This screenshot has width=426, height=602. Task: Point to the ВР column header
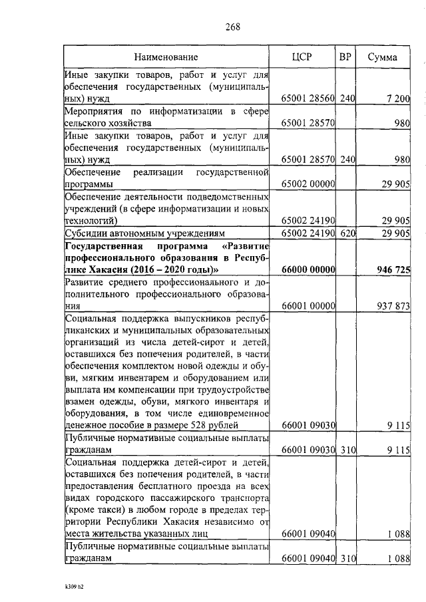pos(345,57)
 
